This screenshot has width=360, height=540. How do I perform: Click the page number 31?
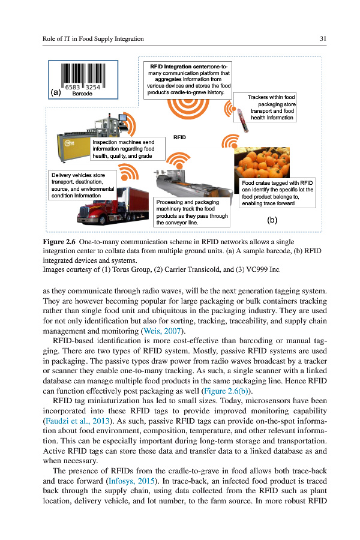click(323, 39)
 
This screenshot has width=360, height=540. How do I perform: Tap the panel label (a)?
click(56, 92)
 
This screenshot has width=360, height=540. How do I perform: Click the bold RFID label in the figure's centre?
click(180, 137)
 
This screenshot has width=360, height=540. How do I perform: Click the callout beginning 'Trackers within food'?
click(271, 107)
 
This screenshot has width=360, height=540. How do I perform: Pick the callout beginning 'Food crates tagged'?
click(277, 193)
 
